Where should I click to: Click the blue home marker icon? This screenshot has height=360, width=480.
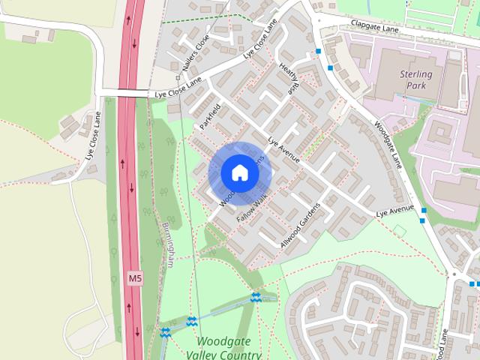239,173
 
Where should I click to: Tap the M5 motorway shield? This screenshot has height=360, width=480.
134,278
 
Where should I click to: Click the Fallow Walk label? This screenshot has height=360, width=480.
252,207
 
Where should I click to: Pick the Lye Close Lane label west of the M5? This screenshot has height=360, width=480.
91,137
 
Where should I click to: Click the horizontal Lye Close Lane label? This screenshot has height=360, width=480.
179,91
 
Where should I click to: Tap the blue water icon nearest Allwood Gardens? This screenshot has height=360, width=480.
256,298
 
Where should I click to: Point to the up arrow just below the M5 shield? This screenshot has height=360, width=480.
128,307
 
